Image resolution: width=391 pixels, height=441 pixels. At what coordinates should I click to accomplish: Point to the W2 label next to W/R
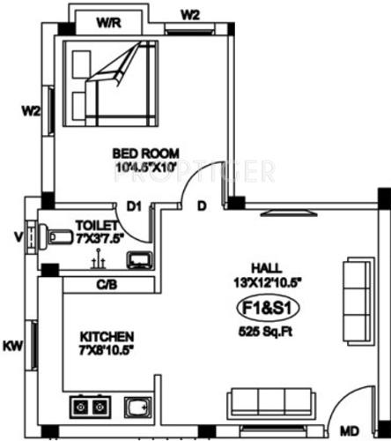tap(191, 14)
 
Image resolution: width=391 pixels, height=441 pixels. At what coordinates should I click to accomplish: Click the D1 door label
tap(134, 206)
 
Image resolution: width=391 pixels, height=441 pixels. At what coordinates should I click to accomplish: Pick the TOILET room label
tap(92, 225)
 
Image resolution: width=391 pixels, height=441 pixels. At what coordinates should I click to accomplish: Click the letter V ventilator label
tap(18, 235)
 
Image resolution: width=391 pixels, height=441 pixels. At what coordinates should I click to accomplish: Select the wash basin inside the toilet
tap(138, 259)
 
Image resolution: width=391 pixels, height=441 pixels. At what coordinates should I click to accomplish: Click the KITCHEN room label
tap(107, 337)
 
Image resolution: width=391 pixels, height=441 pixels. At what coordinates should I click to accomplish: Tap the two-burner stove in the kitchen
tap(90, 407)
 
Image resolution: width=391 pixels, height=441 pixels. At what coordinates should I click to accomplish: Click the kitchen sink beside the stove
tap(136, 407)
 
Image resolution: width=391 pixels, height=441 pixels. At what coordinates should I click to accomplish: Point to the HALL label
tap(261, 269)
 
